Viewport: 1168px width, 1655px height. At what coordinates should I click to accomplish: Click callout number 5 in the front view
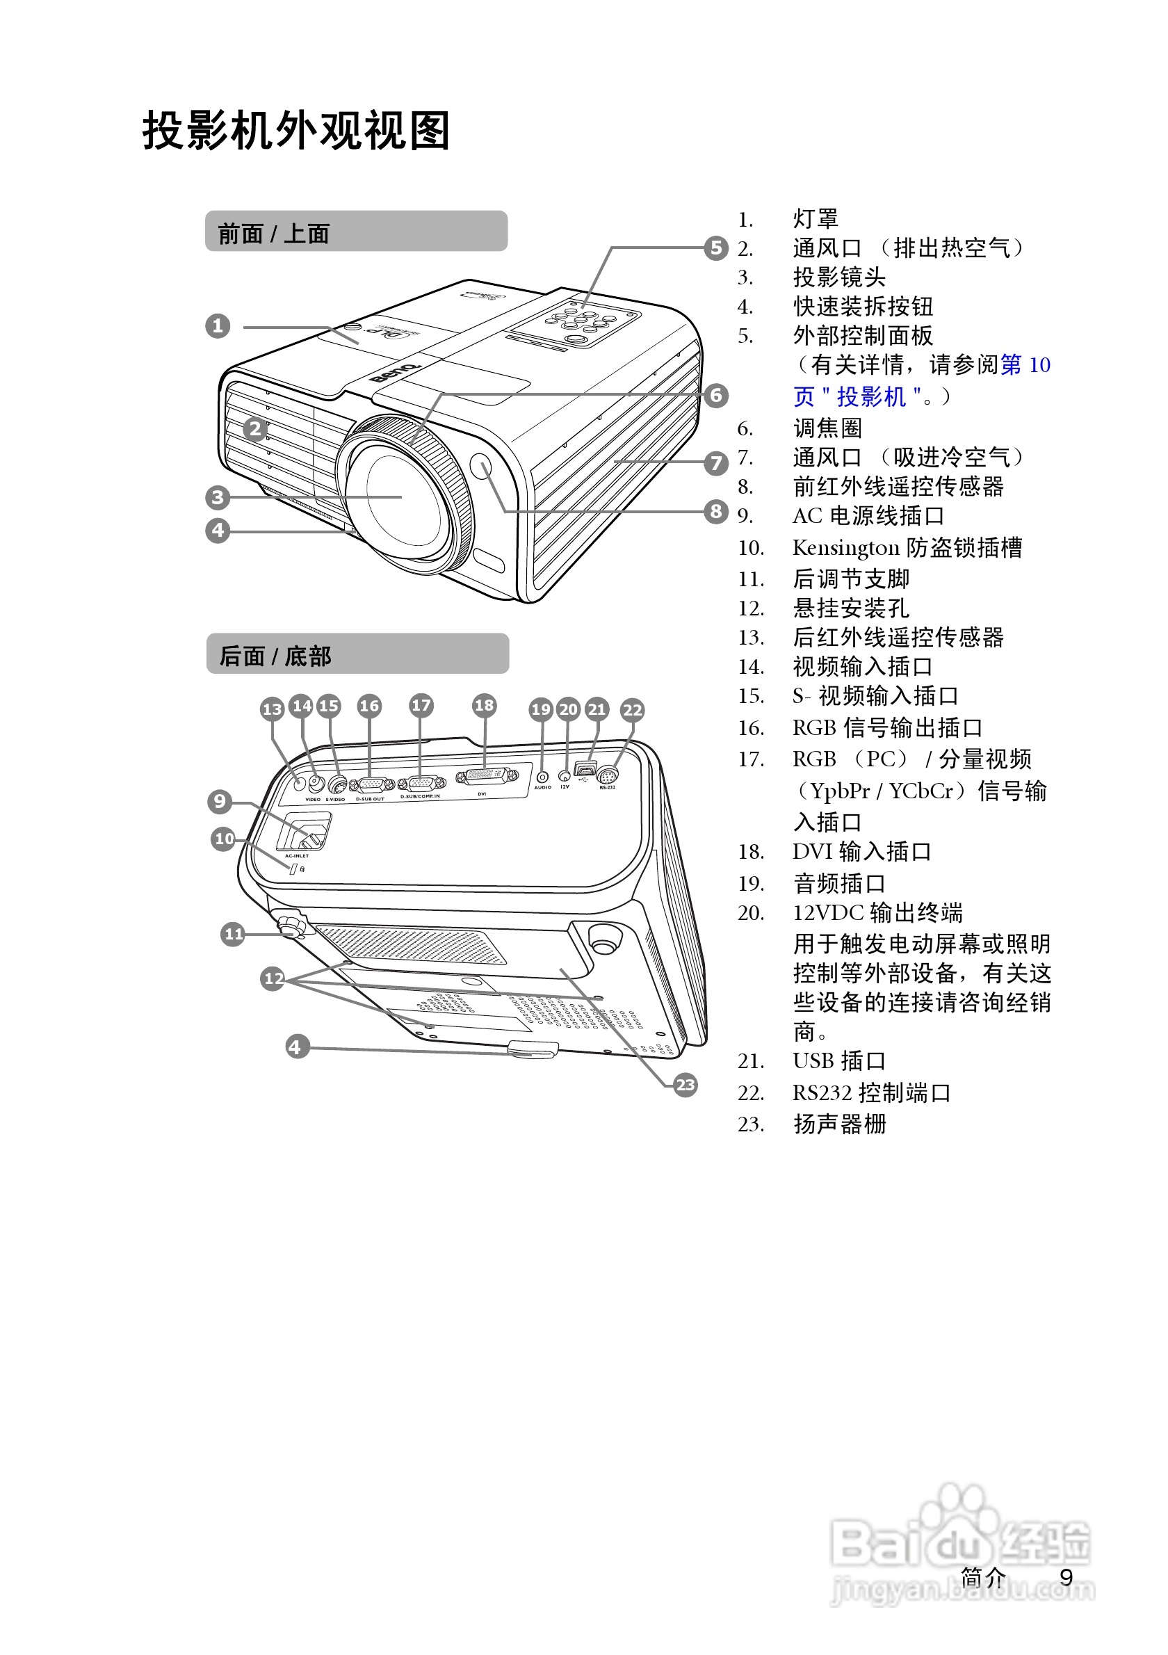coord(715,248)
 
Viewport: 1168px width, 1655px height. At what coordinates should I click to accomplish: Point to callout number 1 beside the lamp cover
coord(218,326)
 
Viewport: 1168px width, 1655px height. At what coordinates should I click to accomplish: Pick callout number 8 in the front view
coord(715,511)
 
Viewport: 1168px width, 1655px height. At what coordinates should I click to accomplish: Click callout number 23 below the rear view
coord(686,1085)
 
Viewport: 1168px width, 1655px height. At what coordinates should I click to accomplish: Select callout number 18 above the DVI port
coord(484,705)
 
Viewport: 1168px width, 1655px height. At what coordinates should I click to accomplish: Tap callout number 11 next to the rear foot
coord(234,934)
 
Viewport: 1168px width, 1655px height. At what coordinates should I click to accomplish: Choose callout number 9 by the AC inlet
coord(220,801)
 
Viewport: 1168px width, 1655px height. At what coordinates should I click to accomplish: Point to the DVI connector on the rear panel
coord(487,777)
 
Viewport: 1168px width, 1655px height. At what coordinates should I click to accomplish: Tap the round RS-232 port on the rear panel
coord(608,776)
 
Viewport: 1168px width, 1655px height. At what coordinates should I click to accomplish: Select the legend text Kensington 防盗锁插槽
coord(907,548)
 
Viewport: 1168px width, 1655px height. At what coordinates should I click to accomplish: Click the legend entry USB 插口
coord(838,1061)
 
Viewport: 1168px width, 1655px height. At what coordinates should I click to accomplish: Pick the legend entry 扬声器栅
coord(839,1124)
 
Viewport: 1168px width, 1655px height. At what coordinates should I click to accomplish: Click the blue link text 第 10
coord(1025,365)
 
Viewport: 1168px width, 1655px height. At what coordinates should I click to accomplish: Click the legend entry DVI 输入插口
coord(862,852)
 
